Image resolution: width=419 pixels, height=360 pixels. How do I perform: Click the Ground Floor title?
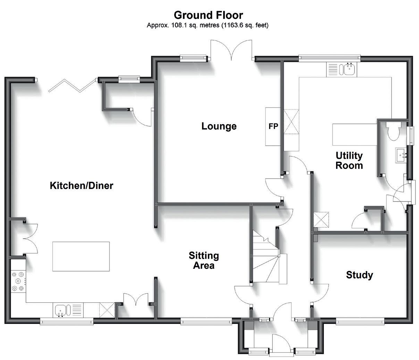(x=208, y=15)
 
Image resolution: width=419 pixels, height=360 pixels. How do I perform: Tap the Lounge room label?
(x=219, y=126)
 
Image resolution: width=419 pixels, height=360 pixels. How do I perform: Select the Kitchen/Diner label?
(x=82, y=186)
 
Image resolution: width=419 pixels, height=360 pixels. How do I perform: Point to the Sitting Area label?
(x=204, y=260)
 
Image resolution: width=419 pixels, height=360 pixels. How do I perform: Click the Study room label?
(x=360, y=275)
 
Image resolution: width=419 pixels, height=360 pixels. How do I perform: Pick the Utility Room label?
(x=349, y=160)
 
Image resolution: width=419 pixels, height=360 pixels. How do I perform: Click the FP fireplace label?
(x=273, y=127)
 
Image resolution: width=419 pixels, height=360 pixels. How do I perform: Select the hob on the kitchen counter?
(x=18, y=281)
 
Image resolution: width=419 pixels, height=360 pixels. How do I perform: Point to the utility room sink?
(x=348, y=69)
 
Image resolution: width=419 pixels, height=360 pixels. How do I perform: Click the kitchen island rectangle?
(x=81, y=256)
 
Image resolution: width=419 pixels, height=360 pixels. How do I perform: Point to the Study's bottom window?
(x=360, y=322)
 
